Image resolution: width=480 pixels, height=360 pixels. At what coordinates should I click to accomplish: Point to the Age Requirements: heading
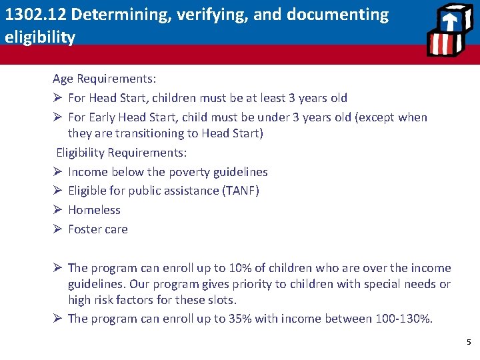pyautogui.click(x=105, y=79)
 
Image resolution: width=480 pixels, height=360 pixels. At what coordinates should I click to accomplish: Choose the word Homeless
pyautogui.click(x=94, y=210)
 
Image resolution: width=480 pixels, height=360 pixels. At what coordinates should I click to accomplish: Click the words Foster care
pyautogui.click(x=97, y=229)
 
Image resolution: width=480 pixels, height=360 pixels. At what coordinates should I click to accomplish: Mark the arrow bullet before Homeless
pyautogui.click(x=57, y=210)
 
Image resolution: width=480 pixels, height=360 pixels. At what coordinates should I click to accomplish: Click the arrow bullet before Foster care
pyautogui.click(x=57, y=229)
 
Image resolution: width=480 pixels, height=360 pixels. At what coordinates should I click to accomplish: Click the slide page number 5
pyautogui.click(x=468, y=343)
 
